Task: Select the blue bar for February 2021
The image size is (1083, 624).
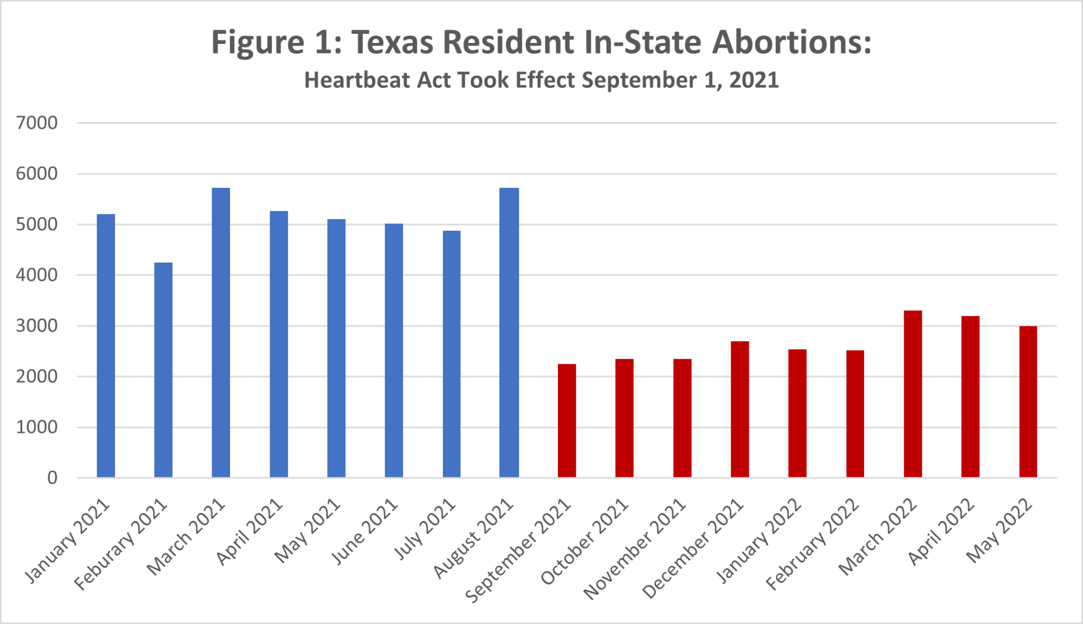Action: click(163, 370)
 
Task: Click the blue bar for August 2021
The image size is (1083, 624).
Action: click(509, 333)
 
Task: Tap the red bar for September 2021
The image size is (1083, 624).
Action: click(566, 421)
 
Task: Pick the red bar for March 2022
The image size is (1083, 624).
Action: click(913, 394)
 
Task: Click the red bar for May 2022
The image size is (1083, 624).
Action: click(1028, 402)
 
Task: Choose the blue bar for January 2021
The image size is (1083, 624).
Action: click(106, 347)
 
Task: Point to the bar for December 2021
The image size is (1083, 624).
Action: click(740, 410)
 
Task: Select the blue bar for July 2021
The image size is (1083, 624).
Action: click(452, 355)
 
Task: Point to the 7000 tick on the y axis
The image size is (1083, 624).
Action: click(36, 123)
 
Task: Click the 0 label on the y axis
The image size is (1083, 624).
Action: click(52, 478)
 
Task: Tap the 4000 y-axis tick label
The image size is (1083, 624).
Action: click(36, 275)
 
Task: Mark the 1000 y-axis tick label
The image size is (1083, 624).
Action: click(36, 427)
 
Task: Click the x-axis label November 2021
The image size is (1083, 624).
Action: click(635, 550)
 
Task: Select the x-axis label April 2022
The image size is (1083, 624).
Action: click(941, 532)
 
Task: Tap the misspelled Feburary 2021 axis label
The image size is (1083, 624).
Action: click(121, 545)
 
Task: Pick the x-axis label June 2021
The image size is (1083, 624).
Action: click(365, 532)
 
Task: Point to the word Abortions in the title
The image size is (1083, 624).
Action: click(791, 42)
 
